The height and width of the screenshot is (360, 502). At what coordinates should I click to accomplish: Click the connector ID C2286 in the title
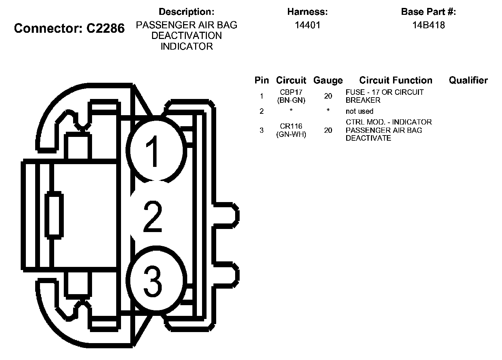click(105, 28)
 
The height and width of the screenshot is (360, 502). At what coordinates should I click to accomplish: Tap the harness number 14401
click(308, 25)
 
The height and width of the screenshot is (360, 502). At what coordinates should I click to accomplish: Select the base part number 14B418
click(429, 25)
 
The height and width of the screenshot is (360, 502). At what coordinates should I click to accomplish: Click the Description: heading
click(187, 12)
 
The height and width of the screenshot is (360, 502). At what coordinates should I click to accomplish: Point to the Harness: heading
click(308, 12)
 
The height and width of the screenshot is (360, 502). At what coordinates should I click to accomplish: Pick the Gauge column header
click(328, 81)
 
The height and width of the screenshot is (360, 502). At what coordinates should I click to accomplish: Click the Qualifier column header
click(468, 80)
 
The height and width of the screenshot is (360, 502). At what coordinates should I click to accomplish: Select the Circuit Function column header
click(395, 80)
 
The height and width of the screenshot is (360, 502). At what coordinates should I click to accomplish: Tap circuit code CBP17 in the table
click(291, 92)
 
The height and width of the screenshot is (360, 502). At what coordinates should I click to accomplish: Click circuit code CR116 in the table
click(291, 126)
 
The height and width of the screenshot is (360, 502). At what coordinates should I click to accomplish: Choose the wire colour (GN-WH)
click(291, 134)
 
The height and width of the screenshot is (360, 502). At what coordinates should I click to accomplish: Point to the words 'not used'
click(359, 111)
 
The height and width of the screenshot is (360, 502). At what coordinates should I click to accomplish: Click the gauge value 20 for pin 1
click(328, 96)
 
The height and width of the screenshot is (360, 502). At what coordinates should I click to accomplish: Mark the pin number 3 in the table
click(262, 130)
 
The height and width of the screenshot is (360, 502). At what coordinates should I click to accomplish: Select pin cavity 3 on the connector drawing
click(154, 281)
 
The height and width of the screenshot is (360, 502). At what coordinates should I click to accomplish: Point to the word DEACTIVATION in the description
click(187, 36)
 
